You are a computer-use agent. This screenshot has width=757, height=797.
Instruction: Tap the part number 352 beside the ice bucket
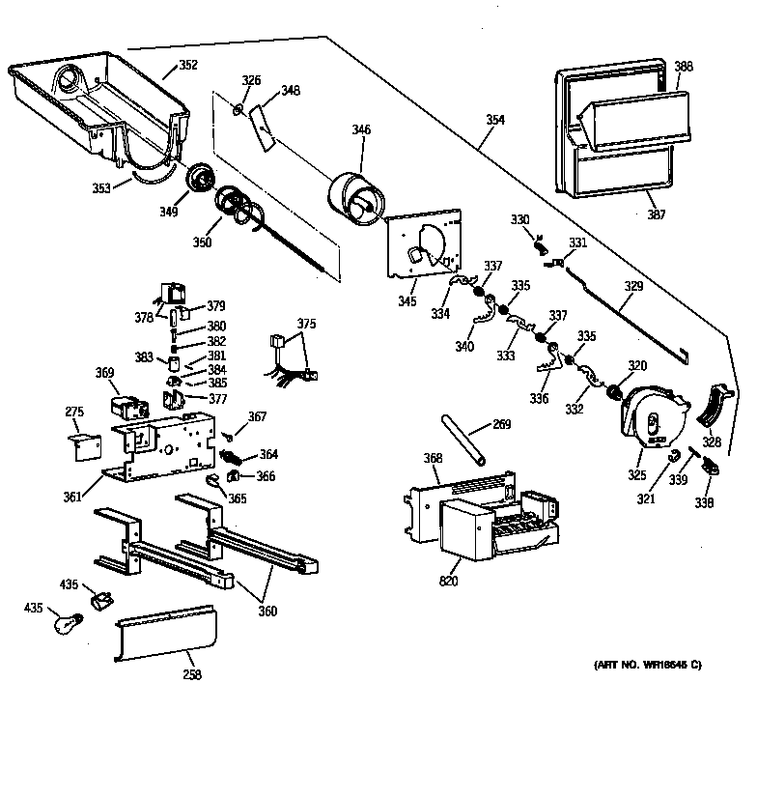click(x=187, y=66)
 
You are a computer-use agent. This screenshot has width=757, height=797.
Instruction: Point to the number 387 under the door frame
click(x=656, y=214)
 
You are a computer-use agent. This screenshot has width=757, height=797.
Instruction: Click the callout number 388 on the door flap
click(x=683, y=67)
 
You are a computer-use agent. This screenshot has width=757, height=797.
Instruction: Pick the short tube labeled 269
click(x=463, y=441)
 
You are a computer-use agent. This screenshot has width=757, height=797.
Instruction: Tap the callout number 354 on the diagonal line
click(x=494, y=120)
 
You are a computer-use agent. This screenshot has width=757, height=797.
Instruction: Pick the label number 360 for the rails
click(x=266, y=611)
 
